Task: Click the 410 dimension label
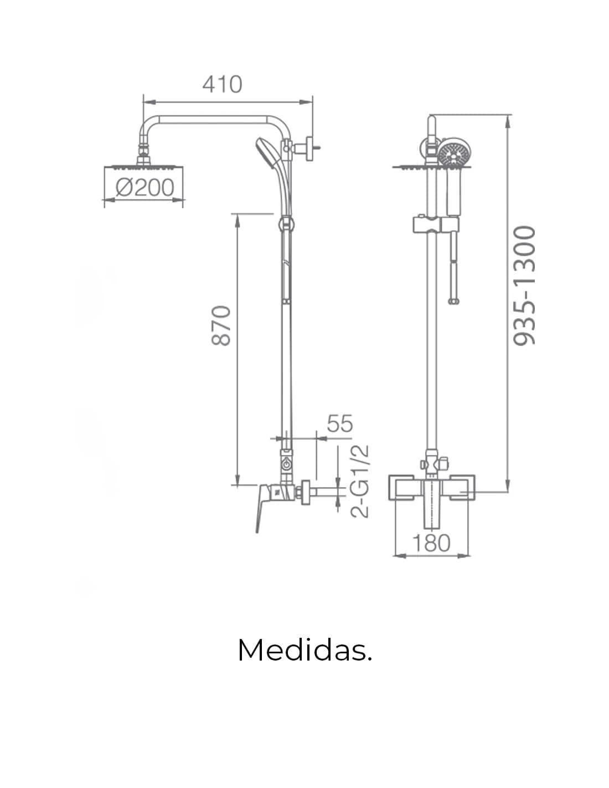[222, 84]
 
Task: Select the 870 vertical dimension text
[221, 326]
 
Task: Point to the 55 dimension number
[339, 423]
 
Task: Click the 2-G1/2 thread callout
[360, 481]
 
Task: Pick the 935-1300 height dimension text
[524, 286]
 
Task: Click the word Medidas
[305, 650]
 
